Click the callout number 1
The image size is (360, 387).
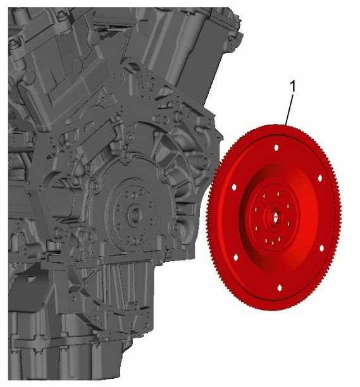292,87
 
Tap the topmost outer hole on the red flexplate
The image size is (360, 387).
276,147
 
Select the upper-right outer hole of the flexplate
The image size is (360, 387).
320,178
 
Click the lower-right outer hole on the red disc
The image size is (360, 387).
321,248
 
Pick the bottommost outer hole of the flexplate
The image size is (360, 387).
280,288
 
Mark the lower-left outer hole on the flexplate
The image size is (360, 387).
235,257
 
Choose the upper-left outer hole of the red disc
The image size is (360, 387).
234,188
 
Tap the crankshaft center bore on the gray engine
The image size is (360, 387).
135,214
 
